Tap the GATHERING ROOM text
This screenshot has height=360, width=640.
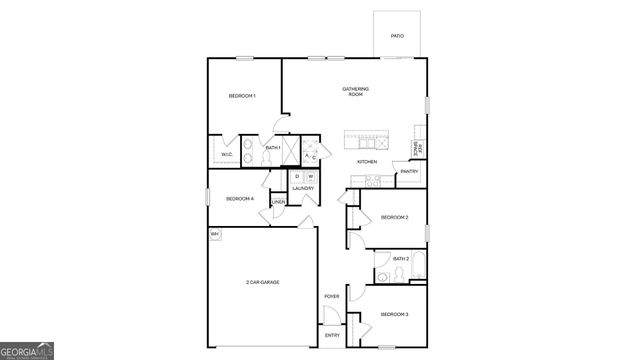point(355,92)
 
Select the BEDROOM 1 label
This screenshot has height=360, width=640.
point(242,96)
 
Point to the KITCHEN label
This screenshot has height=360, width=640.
point(367,162)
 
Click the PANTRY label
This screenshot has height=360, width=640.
point(409,172)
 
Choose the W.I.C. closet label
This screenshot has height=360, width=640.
point(226,155)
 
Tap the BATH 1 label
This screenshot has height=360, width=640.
point(272,148)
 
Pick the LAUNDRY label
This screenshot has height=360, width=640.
point(303,189)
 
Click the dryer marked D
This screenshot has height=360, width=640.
point(297,177)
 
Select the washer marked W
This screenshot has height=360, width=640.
point(310,177)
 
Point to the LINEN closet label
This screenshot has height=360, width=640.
point(278,203)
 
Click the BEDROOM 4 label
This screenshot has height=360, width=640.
point(240,199)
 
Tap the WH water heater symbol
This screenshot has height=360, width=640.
point(215,235)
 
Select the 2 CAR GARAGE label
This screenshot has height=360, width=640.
point(262,283)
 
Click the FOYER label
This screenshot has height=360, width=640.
point(331,297)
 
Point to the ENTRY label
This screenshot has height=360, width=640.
point(332,335)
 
